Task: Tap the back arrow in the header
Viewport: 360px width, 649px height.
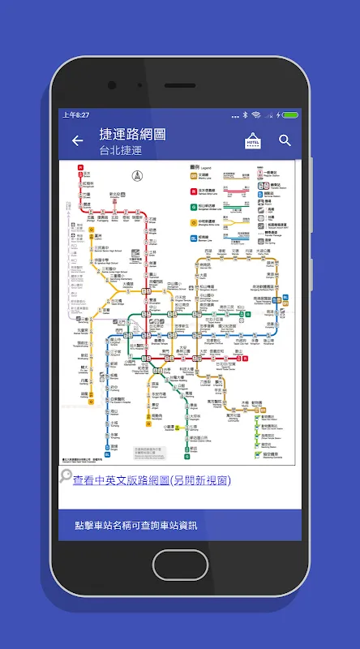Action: click(x=78, y=140)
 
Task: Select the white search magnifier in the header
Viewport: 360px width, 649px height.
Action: click(x=285, y=140)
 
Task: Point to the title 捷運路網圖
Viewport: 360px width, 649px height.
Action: click(x=132, y=134)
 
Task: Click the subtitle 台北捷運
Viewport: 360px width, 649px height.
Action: click(x=122, y=150)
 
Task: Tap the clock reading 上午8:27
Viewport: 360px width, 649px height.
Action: click(x=76, y=115)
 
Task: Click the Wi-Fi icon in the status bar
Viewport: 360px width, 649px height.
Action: click(x=256, y=115)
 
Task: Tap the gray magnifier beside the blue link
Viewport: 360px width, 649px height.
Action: click(x=66, y=479)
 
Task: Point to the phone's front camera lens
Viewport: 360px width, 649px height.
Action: click(x=111, y=85)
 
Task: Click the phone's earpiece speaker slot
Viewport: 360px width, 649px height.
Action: click(x=180, y=85)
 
